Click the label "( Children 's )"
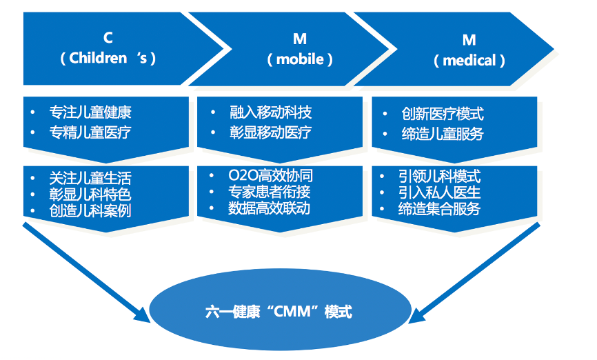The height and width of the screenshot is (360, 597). (108, 58)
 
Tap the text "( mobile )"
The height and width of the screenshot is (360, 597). (300, 59)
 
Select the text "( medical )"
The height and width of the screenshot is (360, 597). (469, 61)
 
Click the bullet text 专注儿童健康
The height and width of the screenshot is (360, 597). (90, 112)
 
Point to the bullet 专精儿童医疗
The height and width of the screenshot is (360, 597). (90, 132)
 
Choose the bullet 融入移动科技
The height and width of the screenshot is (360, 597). (270, 112)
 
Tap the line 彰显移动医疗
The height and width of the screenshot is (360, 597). (270, 132)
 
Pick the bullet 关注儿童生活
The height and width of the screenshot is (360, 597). (90, 177)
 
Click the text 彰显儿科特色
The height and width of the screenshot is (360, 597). (90, 194)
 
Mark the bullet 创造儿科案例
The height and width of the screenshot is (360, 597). (90, 210)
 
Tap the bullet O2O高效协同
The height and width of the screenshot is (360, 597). (270, 176)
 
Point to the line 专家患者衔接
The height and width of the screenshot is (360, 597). (270, 192)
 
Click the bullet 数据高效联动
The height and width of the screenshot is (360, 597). (270, 208)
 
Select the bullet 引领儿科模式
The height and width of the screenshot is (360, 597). (439, 176)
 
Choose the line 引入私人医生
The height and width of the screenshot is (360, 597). (439, 192)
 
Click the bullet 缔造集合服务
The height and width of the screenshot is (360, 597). (439, 208)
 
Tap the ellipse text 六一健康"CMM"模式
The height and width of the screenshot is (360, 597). (279, 312)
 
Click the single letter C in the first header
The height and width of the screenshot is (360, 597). (108, 37)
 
